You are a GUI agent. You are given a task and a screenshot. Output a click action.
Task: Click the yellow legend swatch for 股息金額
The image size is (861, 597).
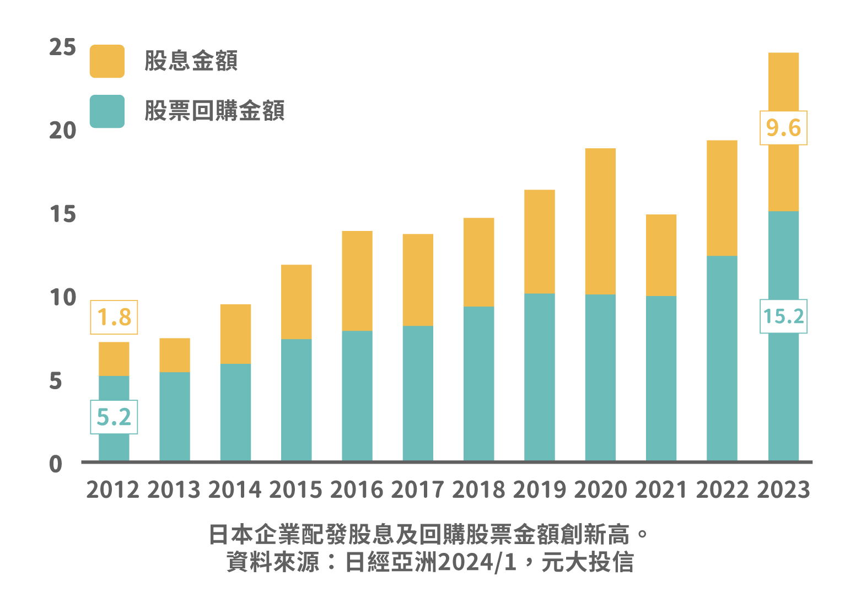click(x=107, y=61)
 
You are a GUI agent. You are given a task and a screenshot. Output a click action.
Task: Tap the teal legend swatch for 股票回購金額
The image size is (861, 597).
click(x=107, y=111)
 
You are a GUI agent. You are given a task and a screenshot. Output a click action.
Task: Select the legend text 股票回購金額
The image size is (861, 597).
click(x=214, y=111)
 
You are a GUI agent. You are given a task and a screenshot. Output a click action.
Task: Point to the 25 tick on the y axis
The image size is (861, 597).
click(x=62, y=47)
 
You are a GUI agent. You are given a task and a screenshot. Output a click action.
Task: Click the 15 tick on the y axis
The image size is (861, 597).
click(x=62, y=214)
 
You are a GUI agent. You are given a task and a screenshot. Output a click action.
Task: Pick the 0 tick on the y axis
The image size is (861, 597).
click(x=56, y=465)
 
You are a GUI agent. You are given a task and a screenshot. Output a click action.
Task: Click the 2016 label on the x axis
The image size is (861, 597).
click(x=357, y=490)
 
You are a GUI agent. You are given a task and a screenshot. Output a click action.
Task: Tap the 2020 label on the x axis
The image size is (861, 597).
click(x=600, y=490)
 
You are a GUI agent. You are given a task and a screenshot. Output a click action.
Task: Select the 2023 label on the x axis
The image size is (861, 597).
click(x=783, y=490)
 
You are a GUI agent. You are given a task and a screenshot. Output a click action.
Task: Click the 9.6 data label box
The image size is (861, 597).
click(x=783, y=128)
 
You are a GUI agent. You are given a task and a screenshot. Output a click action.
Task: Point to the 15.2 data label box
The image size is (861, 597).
click(x=783, y=316)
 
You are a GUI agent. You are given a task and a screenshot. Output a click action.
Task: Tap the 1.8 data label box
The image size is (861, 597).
click(x=114, y=318)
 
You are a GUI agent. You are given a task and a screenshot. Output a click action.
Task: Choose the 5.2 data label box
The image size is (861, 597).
click(x=114, y=417)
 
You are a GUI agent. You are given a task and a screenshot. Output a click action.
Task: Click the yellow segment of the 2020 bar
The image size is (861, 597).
click(x=600, y=221)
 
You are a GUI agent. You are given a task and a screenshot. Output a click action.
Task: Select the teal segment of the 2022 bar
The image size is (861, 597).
click(x=722, y=358)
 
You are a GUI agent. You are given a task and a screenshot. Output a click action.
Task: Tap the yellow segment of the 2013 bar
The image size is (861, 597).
click(x=175, y=355)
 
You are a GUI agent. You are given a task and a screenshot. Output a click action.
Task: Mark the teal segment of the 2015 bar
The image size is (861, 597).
click(x=297, y=400)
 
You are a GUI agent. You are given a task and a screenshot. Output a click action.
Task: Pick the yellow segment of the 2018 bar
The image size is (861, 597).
click(x=478, y=262)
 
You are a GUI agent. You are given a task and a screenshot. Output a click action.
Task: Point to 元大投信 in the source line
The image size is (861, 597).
click(x=588, y=563)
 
